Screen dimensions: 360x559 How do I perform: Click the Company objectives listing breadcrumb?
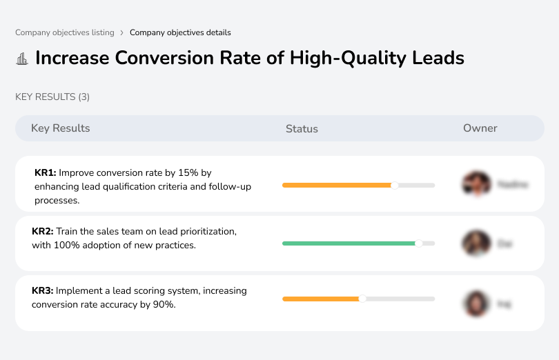pyautogui.click(x=65, y=32)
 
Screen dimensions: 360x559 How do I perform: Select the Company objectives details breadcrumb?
pyautogui.click(x=180, y=32)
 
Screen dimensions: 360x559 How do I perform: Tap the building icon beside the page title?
pyautogui.click(x=22, y=59)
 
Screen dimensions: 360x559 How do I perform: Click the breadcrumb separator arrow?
pyautogui.click(x=122, y=32)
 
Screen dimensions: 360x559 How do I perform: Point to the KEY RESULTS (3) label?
pyautogui.click(x=52, y=97)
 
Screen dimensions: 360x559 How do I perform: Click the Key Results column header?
pyautogui.click(x=61, y=128)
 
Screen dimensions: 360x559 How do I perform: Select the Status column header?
pyautogui.click(x=302, y=129)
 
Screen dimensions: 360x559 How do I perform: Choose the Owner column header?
pyautogui.click(x=480, y=128)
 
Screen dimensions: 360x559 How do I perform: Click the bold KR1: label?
pyautogui.click(x=45, y=172)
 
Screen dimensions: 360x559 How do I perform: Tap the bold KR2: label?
pyautogui.click(x=43, y=232)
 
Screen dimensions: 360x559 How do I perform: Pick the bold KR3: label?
pyautogui.click(x=43, y=291)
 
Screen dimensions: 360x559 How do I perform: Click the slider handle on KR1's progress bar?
pyautogui.click(x=395, y=185)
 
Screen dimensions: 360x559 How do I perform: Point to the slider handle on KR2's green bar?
pyautogui.click(x=418, y=243)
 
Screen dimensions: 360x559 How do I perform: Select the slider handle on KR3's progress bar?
pyautogui.click(x=362, y=299)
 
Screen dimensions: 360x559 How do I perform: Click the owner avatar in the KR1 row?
pyautogui.click(x=475, y=184)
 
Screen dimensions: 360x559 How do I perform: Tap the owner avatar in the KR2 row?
pyautogui.click(x=475, y=243)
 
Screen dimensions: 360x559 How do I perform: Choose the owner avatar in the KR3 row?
pyautogui.click(x=475, y=303)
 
